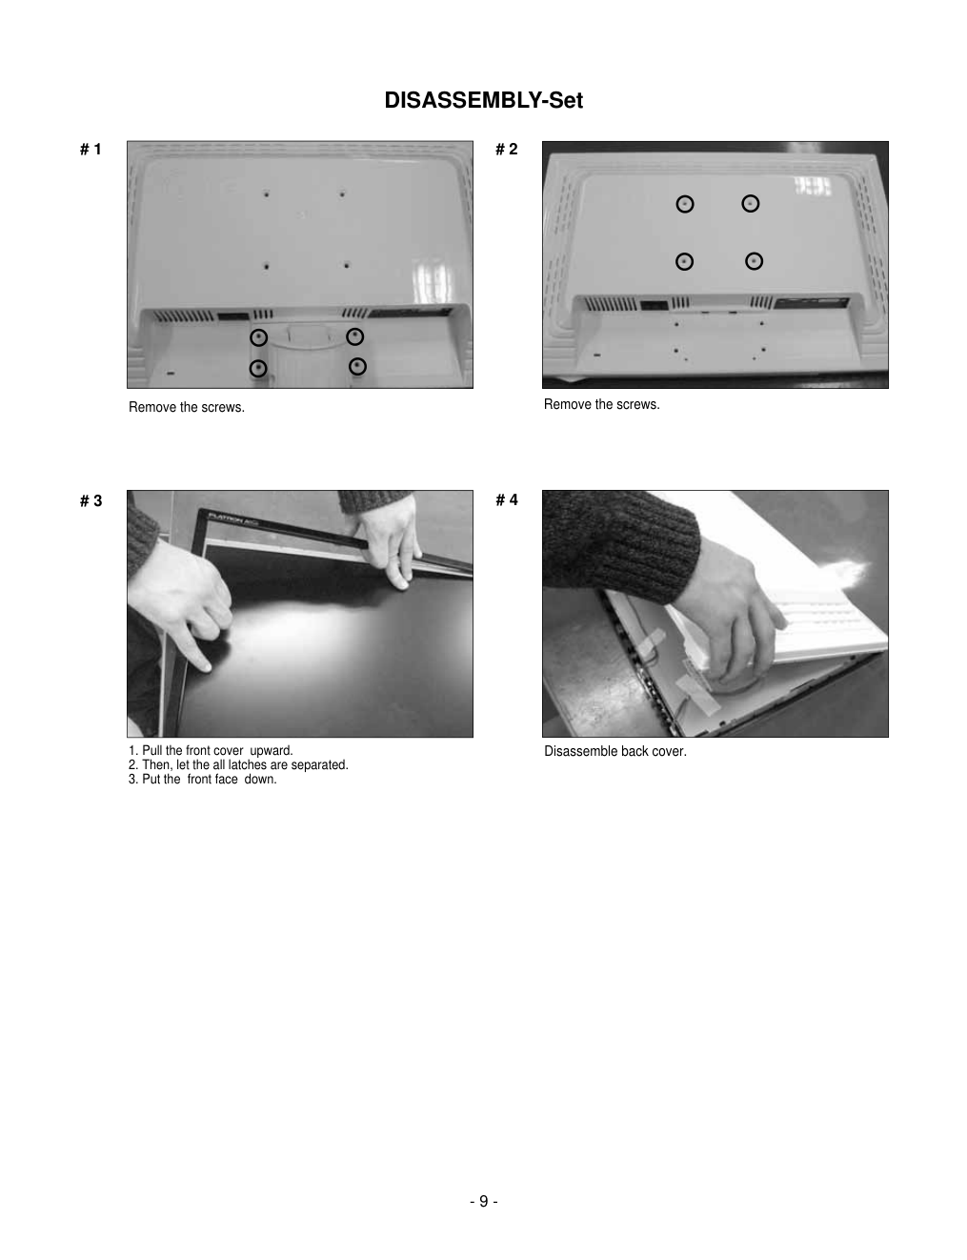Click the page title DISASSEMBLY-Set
(x=483, y=100)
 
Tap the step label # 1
(x=91, y=150)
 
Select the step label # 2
(x=507, y=149)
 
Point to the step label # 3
(x=91, y=500)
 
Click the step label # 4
(x=507, y=499)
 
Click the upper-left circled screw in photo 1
(x=258, y=337)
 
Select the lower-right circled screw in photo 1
(x=357, y=366)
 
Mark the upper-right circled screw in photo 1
(x=354, y=336)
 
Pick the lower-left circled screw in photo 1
(x=258, y=368)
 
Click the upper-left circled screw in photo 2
(x=685, y=204)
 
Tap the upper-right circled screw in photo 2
(x=751, y=204)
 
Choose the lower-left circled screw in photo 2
(x=684, y=261)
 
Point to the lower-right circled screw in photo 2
(x=754, y=261)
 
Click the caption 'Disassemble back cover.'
(x=614, y=751)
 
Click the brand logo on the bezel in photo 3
(x=232, y=518)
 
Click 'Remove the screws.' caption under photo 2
(x=601, y=404)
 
